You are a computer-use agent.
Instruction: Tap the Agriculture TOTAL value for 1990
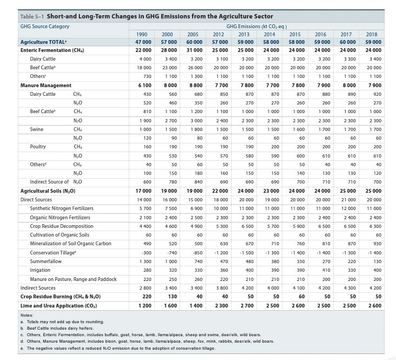(143, 42)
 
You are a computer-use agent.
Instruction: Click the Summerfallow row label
(46, 261)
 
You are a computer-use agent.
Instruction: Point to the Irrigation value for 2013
(248, 270)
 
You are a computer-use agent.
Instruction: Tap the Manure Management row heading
(46, 86)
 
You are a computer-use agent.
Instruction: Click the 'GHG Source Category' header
(45, 27)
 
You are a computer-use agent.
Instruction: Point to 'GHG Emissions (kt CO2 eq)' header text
(256, 27)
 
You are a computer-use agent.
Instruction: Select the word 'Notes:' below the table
(27, 315)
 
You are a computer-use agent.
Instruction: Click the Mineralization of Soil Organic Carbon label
(70, 244)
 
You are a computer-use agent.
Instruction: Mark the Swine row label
(37, 129)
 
